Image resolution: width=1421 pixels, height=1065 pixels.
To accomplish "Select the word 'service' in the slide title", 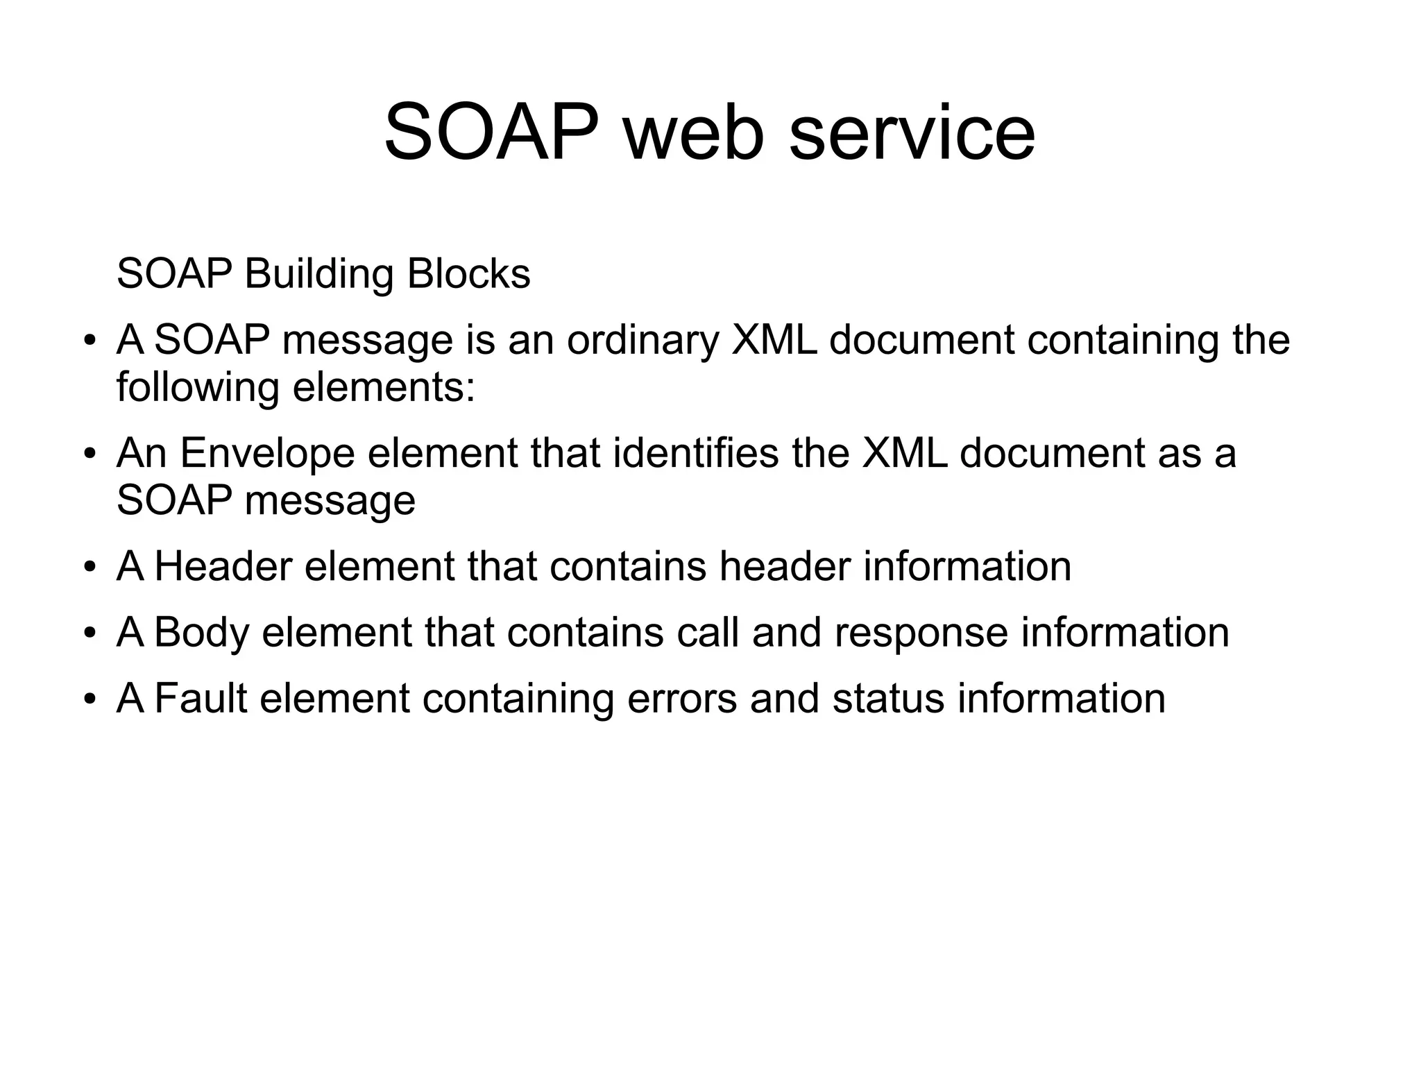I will pyautogui.click(x=912, y=132).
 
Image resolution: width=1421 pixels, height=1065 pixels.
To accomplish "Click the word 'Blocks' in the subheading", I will pyautogui.click(x=468, y=273).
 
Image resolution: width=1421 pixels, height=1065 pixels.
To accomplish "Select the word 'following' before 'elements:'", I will pyautogui.click(x=197, y=387).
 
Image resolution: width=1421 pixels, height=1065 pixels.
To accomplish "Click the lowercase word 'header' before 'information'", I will pyautogui.click(x=784, y=565).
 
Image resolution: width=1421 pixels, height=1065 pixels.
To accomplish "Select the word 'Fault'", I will pyautogui.click(x=201, y=698).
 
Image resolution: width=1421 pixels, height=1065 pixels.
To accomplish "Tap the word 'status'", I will pyautogui.click(x=888, y=698).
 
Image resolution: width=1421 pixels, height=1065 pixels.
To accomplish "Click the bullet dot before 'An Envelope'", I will pyautogui.click(x=89, y=455).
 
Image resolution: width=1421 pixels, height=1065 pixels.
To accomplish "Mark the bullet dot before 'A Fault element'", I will pyautogui.click(x=89, y=700).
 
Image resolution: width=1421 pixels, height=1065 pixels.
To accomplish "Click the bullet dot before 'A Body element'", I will pyautogui.click(x=89, y=634).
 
